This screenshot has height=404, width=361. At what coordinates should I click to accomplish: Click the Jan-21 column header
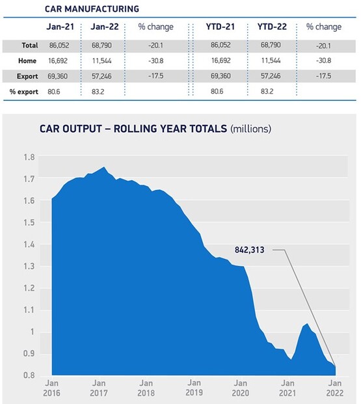pyautogui.click(x=60, y=27)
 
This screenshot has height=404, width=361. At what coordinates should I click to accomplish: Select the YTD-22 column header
pyautogui.click(x=272, y=27)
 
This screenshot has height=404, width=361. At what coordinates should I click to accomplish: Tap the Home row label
pyautogui.click(x=27, y=61)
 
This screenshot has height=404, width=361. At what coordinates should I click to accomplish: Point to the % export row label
pyautogui.click(x=23, y=92)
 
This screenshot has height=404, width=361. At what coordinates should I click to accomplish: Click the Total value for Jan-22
pyautogui.click(x=101, y=46)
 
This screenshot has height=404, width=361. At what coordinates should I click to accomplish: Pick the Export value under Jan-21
pyautogui.click(x=57, y=76)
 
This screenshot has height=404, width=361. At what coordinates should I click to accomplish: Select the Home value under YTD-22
pyautogui.click(x=271, y=61)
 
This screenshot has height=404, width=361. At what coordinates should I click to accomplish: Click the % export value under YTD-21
pyautogui.click(x=217, y=92)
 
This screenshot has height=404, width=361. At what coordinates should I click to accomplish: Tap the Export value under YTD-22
pyautogui.click(x=271, y=76)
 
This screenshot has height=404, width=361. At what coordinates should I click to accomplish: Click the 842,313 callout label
pyautogui.click(x=249, y=250)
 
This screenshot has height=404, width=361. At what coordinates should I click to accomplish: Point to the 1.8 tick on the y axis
pyautogui.click(x=29, y=157)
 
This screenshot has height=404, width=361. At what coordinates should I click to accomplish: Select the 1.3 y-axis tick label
pyautogui.click(x=29, y=266)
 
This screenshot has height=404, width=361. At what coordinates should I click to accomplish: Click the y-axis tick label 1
pyautogui.click(x=33, y=331)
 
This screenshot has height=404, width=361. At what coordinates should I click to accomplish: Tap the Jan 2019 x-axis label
pyautogui.click(x=194, y=388)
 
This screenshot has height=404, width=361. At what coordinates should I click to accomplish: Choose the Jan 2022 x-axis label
pyautogui.click(x=335, y=388)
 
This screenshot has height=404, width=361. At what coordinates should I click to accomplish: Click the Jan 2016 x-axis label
pyautogui.click(x=51, y=388)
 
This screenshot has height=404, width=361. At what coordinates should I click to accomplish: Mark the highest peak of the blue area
pyautogui.click(x=104, y=167)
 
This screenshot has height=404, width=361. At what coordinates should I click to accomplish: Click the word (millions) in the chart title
pyautogui.click(x=250, y=129)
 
